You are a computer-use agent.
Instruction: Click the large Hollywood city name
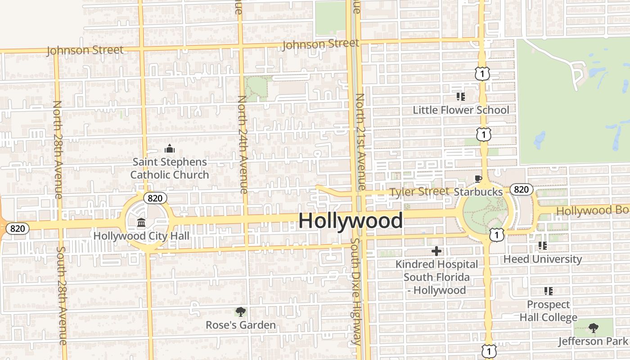click(x=351, y=220)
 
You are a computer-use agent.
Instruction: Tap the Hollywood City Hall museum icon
click(x=141, y=223)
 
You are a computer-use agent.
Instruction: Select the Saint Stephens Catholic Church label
click(x=170, y=168)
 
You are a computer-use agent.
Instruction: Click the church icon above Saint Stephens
click(x=170, y=148)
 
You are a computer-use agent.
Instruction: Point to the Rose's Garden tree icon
click(x=241, y=311)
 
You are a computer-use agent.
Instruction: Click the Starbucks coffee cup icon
click(x=478, y=179)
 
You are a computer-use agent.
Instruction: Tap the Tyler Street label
click(x=419, y=192)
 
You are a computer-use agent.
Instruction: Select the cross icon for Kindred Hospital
click(x=436, y=251)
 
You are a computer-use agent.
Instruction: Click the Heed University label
click(x=542, y=259)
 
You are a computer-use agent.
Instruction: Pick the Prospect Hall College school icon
click(x=548, y=291)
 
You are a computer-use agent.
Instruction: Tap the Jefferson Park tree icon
click(x=594, y=328)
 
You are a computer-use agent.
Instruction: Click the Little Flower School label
click(x=461, y=110)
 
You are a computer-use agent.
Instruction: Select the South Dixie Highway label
click(x=355, y=292)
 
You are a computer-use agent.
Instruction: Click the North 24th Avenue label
click(x=243, y=144)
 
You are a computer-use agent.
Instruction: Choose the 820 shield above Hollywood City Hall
click(x=155, y=198)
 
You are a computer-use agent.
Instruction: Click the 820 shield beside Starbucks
click(x=521, y=189)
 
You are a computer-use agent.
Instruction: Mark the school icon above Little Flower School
click(x=460, y=96)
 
